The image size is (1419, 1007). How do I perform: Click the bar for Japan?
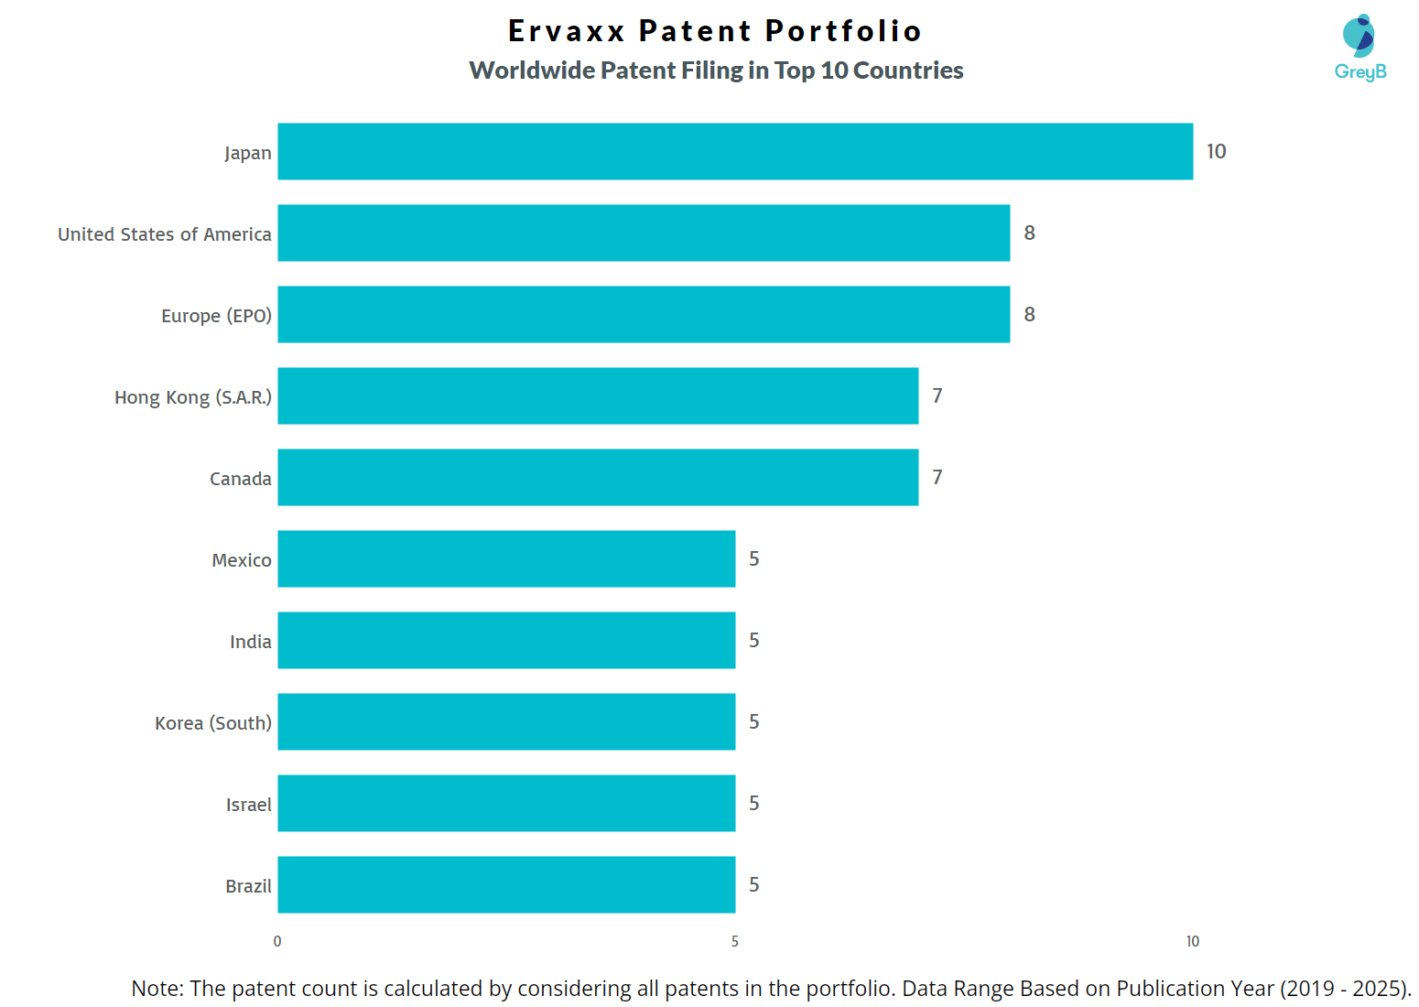point(735,151)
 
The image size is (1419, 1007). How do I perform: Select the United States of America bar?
point(644,233)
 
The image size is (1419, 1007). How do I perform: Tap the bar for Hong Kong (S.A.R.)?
point(598,395)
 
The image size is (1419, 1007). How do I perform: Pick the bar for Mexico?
point(506,558)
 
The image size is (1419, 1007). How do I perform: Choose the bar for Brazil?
point(506,884)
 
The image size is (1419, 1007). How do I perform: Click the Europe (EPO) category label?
point(216,316)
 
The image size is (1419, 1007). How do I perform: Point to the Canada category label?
point(240,479)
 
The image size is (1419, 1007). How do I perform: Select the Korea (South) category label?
point(212,723)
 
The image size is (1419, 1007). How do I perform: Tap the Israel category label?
point(248,805)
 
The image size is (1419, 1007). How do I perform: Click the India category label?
point(250,642)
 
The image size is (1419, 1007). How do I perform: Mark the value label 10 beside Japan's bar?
point(1216,152)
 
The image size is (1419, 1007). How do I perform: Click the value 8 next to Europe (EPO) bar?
point(1029,315)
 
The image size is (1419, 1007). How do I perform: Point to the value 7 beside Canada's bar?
point(937,477)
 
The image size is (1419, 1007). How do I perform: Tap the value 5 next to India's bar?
point(753,640)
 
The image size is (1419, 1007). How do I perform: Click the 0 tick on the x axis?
point(277,941)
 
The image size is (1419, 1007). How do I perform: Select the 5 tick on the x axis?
point(734,941)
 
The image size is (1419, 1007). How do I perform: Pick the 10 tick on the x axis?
point(1192,941)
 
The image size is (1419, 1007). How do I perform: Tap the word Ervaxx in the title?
point(567,31)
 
